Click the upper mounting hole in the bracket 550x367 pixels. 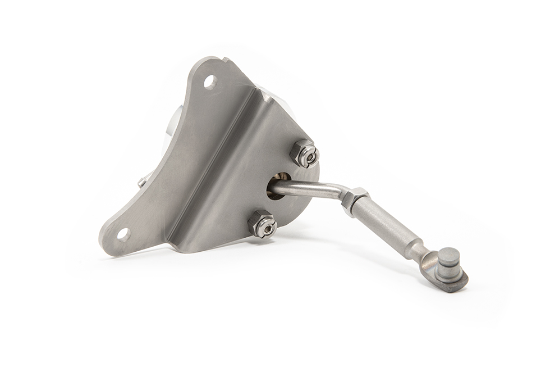[x=210, y=82]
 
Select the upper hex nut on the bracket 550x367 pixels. [x=305, y=153]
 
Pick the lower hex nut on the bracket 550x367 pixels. [x=262, y=223]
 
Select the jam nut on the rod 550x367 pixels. [x=355, y=200]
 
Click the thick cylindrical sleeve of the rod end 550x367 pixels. [x=387, y=225]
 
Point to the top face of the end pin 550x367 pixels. [x=449, y=256]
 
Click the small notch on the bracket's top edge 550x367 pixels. [x=224, y=59]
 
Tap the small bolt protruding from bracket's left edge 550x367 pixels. [x=143, y=181]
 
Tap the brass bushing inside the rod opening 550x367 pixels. [x=273, y=189]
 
